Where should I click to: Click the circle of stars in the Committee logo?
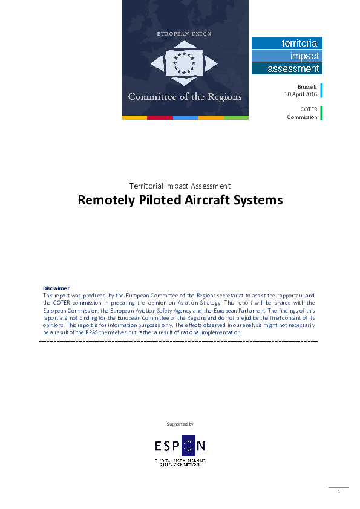click(185, 62)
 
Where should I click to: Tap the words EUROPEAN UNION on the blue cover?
click(185, 34)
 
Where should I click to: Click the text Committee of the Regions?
click(185, 97)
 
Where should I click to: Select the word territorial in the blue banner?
click(300, 43)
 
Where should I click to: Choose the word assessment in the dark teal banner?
click(293, 69)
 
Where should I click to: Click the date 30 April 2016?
click(301, 94)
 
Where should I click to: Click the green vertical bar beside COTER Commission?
click(321, 113)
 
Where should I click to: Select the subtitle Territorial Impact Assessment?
click(180, 186)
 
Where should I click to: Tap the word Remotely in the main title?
click(103, 200)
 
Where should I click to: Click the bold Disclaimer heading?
click(56, 288)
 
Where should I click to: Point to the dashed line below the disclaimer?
click(178, 342)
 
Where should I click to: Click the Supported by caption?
click(180, 424)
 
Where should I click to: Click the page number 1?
click(339, 491)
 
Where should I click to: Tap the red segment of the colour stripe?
click(160, 117)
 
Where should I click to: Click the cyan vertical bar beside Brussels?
click(321, 90)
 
